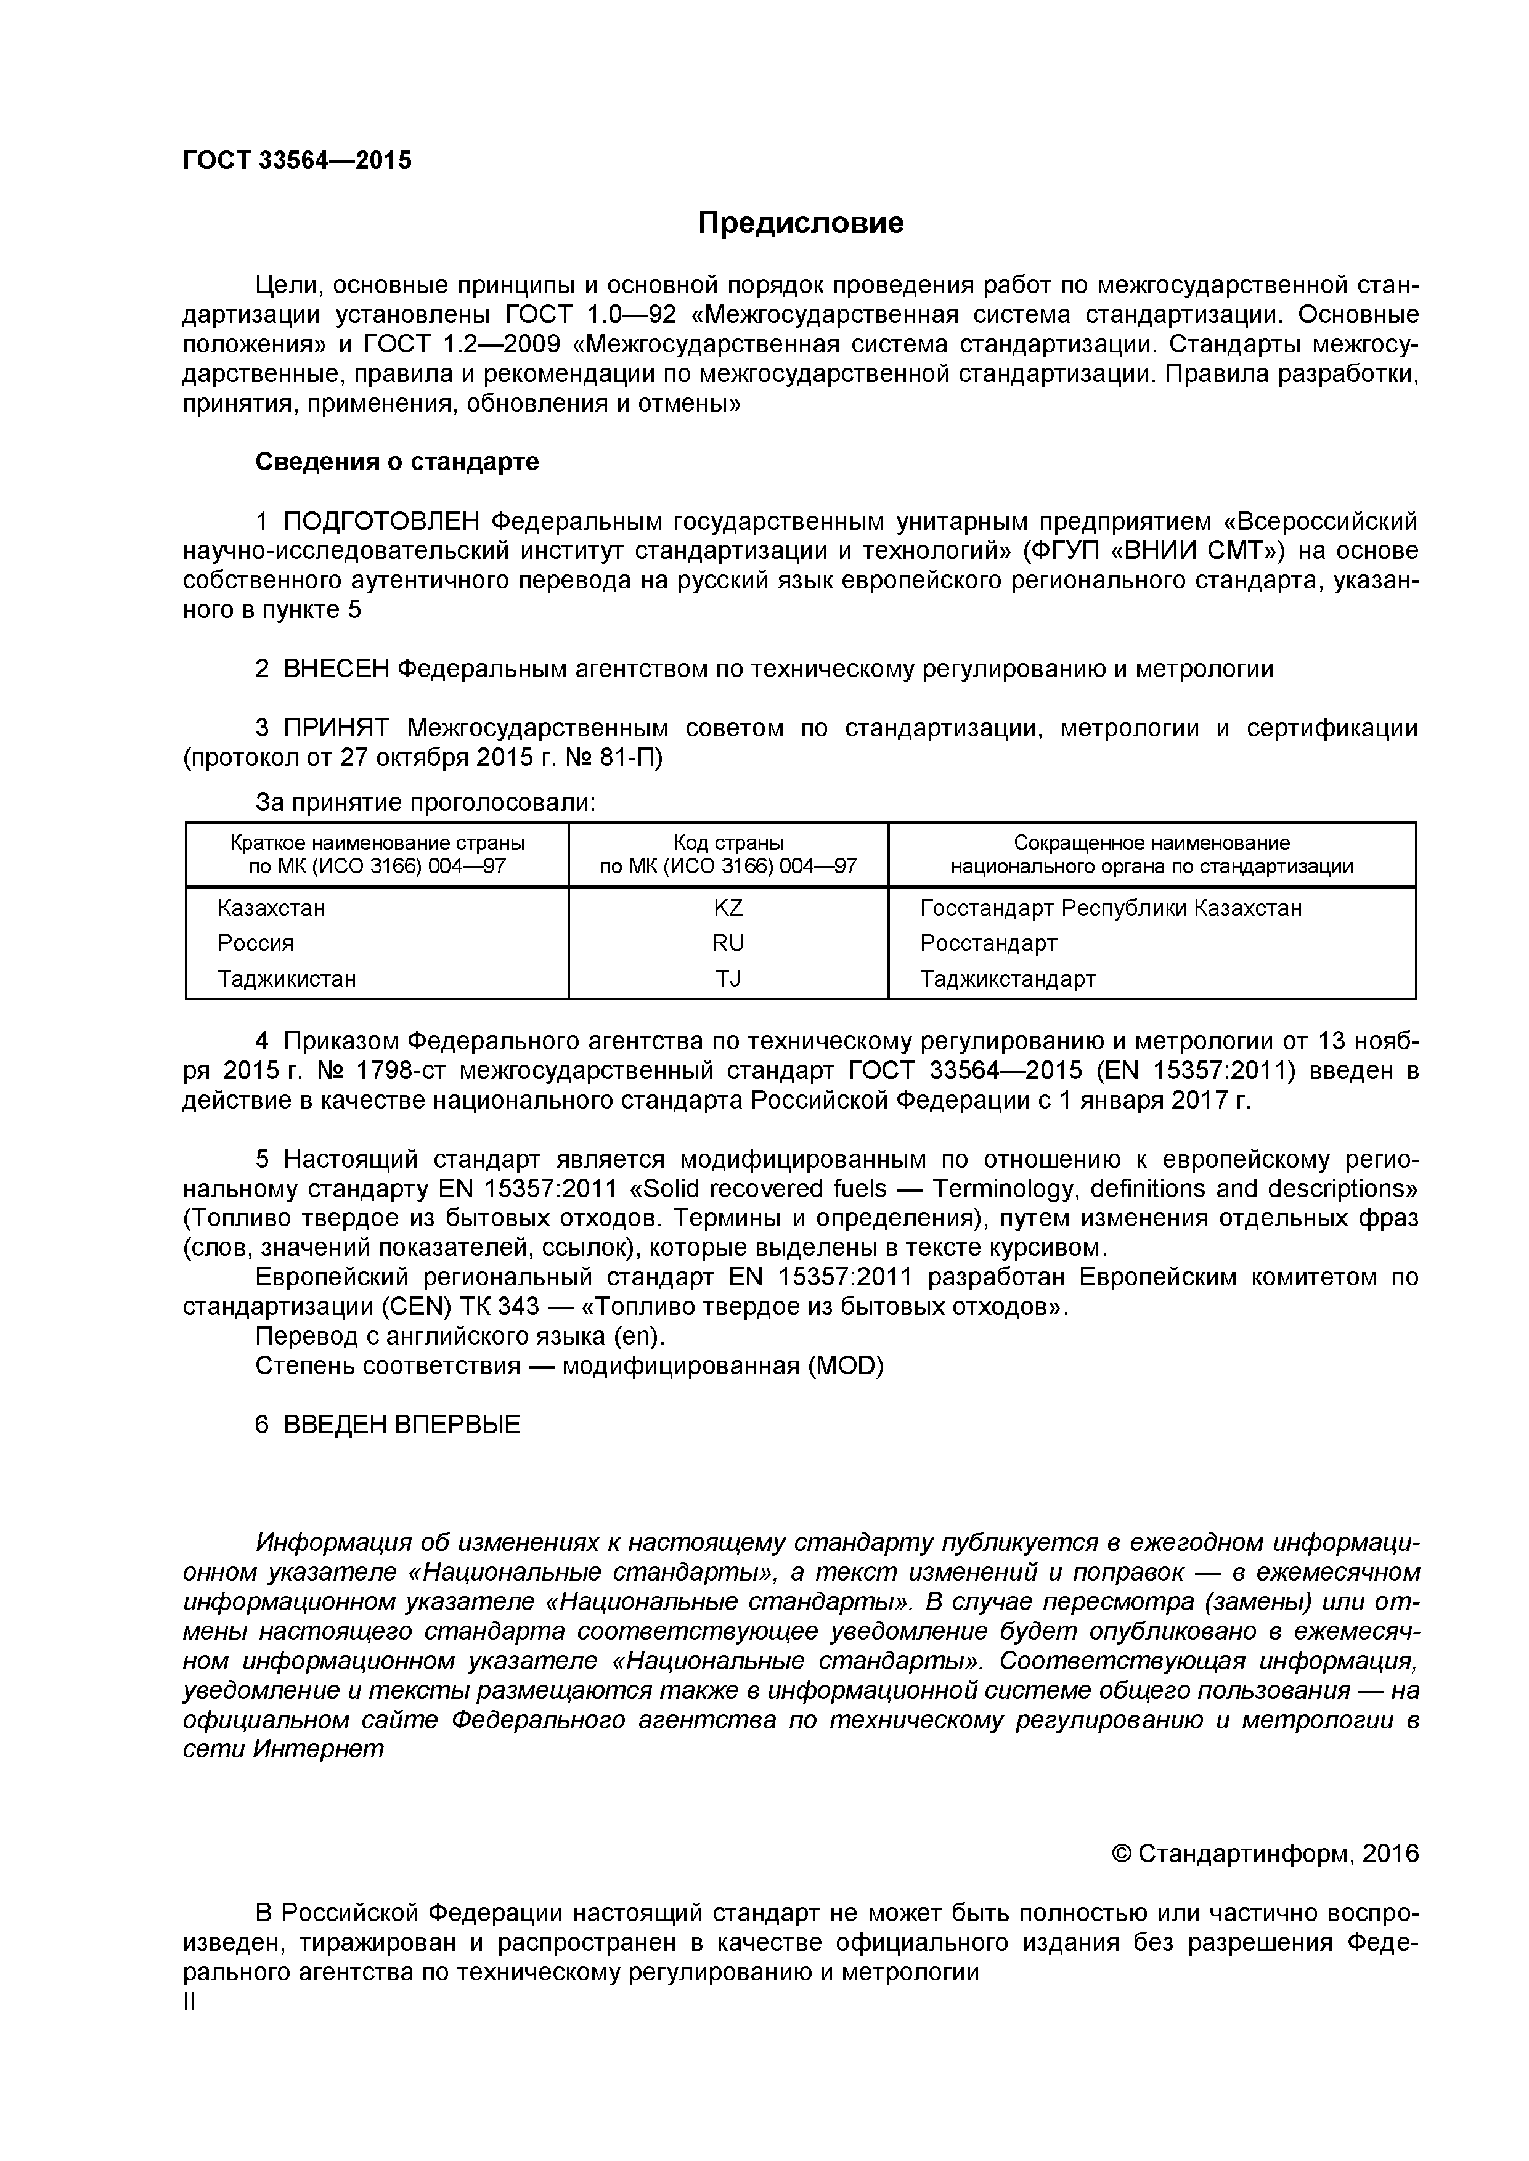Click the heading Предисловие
[x=801, y=223]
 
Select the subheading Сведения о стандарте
[x=398, y=461]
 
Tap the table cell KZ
[x=728, y=907]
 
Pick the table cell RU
[x=728, y=942]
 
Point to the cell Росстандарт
[x=989, y=942]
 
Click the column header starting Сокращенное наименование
[x=1151, y=853]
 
